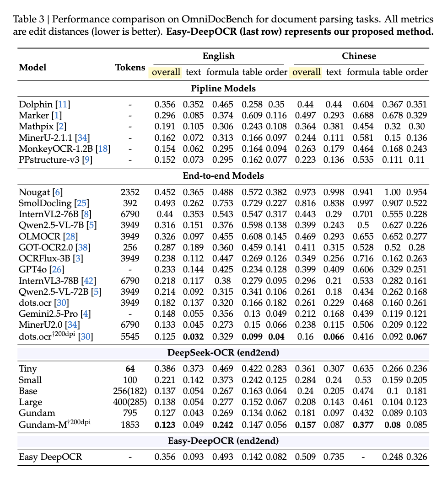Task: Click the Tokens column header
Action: click(130, 67)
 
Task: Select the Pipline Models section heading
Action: click(223, 88)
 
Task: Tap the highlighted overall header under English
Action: click(166, 72)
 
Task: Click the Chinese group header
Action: click(359, 56)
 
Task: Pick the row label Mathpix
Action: click(34, 127)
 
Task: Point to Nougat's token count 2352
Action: click(130, 192)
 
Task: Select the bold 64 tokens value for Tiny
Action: click(130, 369)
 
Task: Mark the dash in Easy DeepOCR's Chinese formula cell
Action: click(363, 457)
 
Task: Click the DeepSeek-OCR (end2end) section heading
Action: click(223, 353)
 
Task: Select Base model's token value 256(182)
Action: click(130, 391)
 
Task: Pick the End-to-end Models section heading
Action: click(223, 176)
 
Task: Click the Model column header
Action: click(32, 67)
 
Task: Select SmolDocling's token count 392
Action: click(130, 203)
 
